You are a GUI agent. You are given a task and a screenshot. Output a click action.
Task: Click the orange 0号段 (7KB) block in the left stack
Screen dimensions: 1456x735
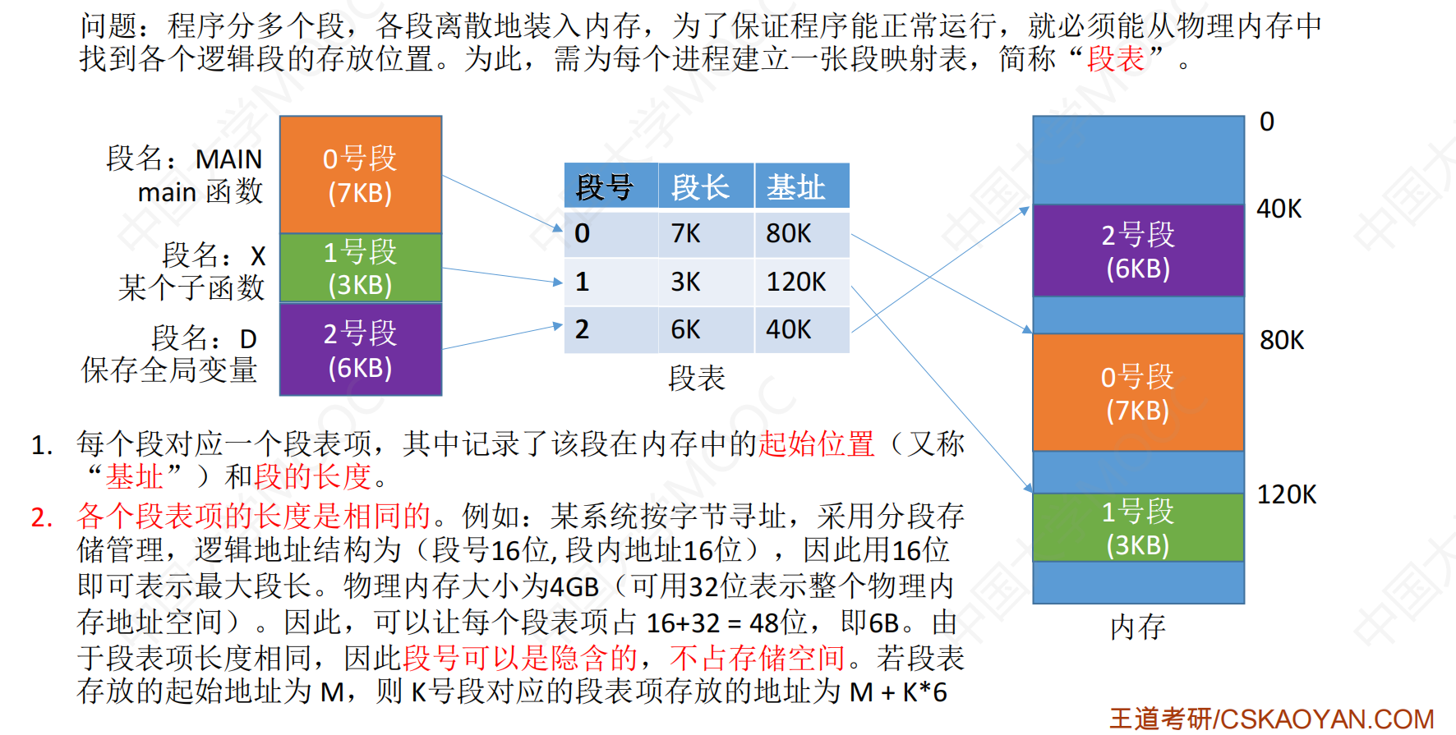point(361,174)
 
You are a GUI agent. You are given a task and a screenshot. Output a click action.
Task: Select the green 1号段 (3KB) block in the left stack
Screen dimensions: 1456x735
point(361,268)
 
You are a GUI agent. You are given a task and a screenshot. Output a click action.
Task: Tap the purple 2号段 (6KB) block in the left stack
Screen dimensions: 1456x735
point(361,350)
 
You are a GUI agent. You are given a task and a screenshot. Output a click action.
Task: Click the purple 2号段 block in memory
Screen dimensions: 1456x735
point(1139,250)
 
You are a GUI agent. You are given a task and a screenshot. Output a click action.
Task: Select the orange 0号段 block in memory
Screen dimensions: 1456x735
point(1139,393)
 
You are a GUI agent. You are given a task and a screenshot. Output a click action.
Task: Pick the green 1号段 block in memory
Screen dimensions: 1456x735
point(1139,527)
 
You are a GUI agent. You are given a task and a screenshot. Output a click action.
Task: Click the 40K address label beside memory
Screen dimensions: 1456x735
point(1279,209)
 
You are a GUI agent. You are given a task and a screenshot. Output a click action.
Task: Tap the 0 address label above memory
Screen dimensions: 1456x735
point(1267,122)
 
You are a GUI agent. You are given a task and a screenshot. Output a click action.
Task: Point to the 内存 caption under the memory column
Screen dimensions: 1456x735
point(1138,627)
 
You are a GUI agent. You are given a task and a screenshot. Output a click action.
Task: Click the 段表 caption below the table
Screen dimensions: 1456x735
point(697,378)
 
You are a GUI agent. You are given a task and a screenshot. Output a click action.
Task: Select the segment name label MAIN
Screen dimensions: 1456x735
point(228,158)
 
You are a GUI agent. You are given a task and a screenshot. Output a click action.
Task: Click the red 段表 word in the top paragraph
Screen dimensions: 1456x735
point(1115,58)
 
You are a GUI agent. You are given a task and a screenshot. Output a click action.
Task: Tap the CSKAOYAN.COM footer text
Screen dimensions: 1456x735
point(1327,719)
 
